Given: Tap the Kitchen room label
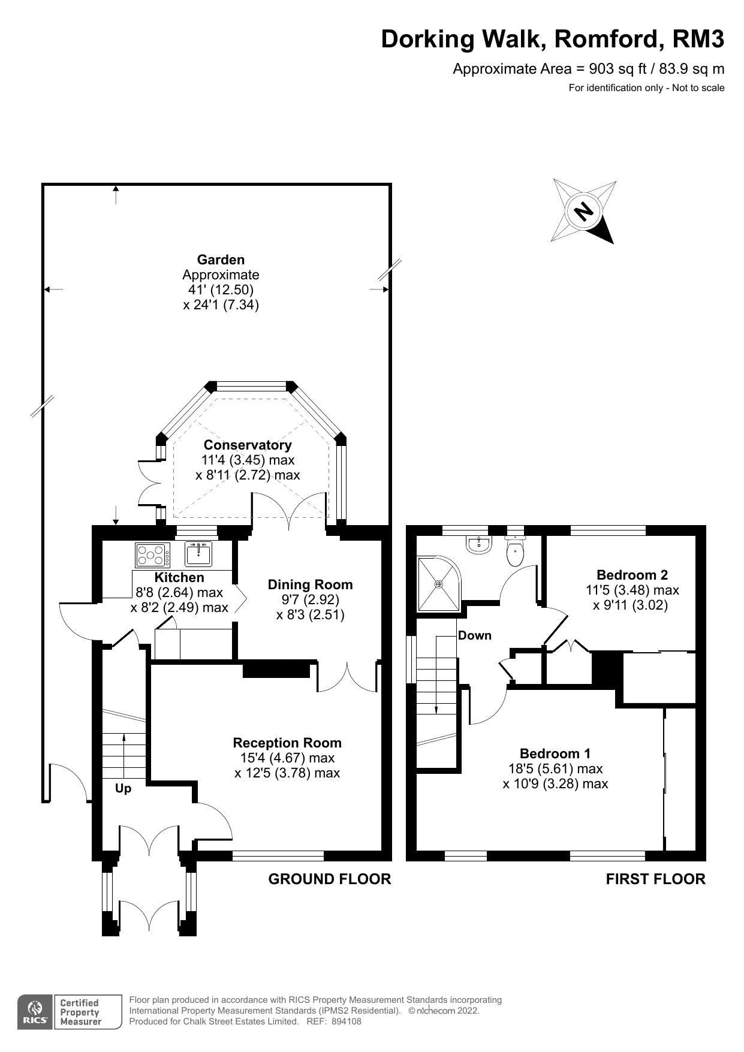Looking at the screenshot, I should tap(179, 578).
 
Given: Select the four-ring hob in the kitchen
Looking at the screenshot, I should tap(152, 555).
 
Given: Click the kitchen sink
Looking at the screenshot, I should tap(198, 554).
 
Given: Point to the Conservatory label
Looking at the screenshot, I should tap(248, 445).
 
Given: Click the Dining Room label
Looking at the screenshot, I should tap(310, 585).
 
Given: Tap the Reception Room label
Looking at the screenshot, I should tap(287, 743).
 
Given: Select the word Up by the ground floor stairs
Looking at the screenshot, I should tap(123, 789).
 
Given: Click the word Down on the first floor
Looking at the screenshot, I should tap(474, 636).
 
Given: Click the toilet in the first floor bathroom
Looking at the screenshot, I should tap(515, 552).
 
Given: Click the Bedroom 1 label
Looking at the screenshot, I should tap(555, 754).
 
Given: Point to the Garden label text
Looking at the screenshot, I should tap(221, 260).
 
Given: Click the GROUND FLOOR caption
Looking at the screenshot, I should tap(329, 879).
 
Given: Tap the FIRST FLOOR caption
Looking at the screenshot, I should tap(655, 879).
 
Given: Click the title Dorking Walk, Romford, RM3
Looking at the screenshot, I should tap(552, 40).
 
